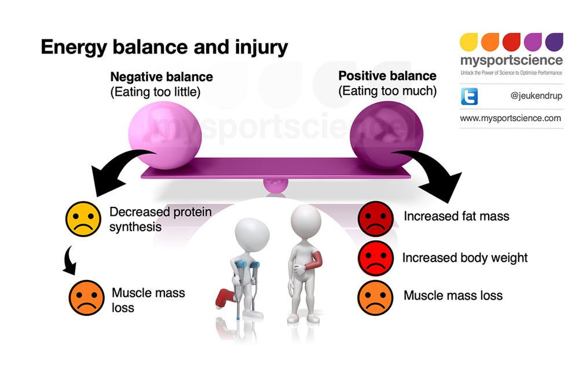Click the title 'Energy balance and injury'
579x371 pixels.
coord(164,47)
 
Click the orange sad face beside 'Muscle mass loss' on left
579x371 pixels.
coord(86,297)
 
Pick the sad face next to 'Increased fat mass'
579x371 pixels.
coord(375,217)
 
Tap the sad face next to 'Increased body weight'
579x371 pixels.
coord(375,257)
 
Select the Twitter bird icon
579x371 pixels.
coord(469,96)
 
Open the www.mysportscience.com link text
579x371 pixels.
coord(510,118)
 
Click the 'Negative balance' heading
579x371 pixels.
coord(162,77)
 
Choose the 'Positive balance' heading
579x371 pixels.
coord(387,76)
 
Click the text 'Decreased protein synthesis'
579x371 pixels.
coord(160,219)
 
